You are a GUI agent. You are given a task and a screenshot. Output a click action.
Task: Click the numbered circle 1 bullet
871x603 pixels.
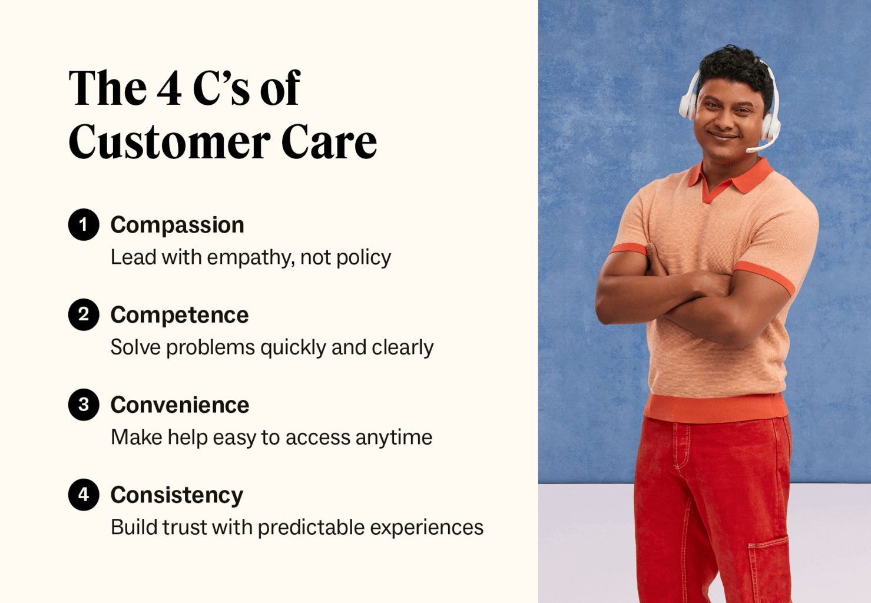(84, 224)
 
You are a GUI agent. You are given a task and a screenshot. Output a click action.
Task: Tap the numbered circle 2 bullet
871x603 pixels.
(84, 314)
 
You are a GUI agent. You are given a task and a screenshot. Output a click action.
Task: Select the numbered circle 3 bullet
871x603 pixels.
(84, 405)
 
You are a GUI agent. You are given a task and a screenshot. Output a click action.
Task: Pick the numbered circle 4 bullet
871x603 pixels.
(84, 495)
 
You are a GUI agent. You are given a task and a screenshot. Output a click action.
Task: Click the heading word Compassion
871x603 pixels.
(177, 225)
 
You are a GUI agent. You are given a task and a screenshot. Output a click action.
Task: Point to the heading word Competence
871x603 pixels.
(180, 315)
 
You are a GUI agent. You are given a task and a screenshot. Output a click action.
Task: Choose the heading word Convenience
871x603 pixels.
(180, 405)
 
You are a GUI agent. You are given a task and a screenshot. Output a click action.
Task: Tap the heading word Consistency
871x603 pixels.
(177, 495)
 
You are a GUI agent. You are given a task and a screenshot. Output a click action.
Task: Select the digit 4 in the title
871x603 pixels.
(170, 88)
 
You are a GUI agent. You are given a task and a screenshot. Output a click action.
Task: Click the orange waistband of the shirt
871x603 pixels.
(716, 407)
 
